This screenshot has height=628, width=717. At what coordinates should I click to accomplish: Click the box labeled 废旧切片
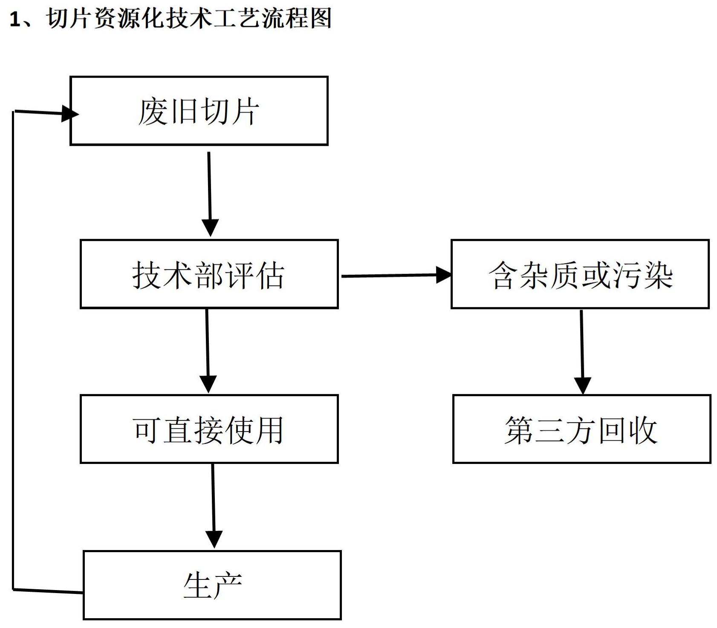(x=199, y=111)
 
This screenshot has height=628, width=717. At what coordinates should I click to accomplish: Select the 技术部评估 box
(x=209, y=274)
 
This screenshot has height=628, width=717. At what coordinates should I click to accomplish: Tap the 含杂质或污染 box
(x=580, y=274)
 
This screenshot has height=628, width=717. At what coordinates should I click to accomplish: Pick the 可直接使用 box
(x=209, y=429)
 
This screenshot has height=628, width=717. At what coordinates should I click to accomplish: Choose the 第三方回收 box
(x=581, y=429)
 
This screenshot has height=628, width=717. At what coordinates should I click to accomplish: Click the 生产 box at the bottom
(x=212, y=585)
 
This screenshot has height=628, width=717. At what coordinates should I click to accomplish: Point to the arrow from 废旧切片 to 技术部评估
(x=209, y=192)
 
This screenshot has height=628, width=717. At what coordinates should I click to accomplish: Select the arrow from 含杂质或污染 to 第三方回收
(x=582, y=349)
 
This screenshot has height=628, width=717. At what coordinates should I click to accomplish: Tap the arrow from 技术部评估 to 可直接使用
(x=208, y=349)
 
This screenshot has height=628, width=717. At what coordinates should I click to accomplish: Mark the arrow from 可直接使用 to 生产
(x=213, y=505)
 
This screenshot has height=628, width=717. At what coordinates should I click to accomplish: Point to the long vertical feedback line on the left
(x=13, y=349)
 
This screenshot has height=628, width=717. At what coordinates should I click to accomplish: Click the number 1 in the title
(x=15, y=20)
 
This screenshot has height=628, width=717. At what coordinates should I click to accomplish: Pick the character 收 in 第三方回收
(x=642, y=430)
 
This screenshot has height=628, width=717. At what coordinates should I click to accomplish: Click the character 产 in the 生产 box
(x=228, y=585)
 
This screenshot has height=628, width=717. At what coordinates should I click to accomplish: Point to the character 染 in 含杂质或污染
(x=659, y=275)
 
